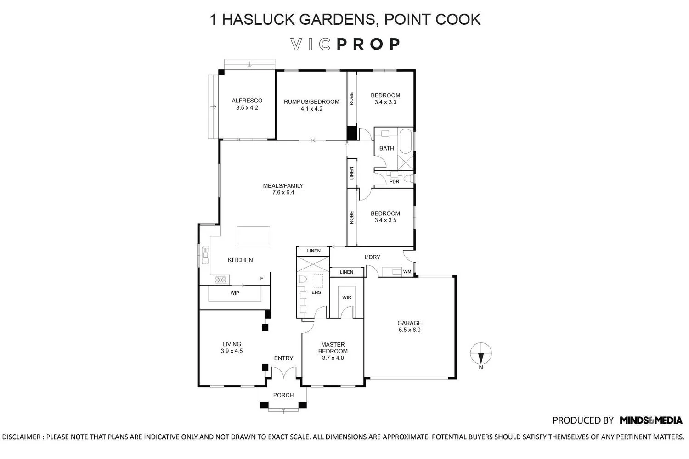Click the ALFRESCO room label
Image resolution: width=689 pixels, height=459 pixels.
coord(247,101)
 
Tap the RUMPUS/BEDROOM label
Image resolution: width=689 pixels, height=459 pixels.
coord(311,102)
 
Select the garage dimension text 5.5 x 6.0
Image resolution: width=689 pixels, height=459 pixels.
coord(409,330)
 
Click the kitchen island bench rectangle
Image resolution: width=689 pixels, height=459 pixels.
coord(253,236)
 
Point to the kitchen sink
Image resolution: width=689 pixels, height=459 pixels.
coord(205,256)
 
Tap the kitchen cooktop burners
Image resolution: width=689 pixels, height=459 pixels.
coord(220,280)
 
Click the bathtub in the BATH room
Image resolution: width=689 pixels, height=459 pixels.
coord(406,141)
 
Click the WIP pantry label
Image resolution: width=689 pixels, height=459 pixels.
coord(235,293)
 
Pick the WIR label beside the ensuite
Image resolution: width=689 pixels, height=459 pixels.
coord(347,297)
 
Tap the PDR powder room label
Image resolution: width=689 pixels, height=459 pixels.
coord(394,182)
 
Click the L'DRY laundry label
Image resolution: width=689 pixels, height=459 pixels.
coord(372,257)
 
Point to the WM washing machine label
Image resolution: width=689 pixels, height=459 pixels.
coord(407,271)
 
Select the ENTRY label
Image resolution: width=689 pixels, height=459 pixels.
coord(283,358)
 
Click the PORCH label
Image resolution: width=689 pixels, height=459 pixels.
coord(283,395)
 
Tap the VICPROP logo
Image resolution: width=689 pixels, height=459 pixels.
coord(345,44)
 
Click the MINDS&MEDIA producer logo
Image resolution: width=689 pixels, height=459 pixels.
coord(651,420)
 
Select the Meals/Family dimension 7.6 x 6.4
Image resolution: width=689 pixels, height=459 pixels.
coord(283,192)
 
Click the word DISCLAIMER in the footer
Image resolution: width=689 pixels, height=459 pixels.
coord(21,437)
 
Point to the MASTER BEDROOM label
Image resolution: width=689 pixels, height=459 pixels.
coord(333,348)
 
